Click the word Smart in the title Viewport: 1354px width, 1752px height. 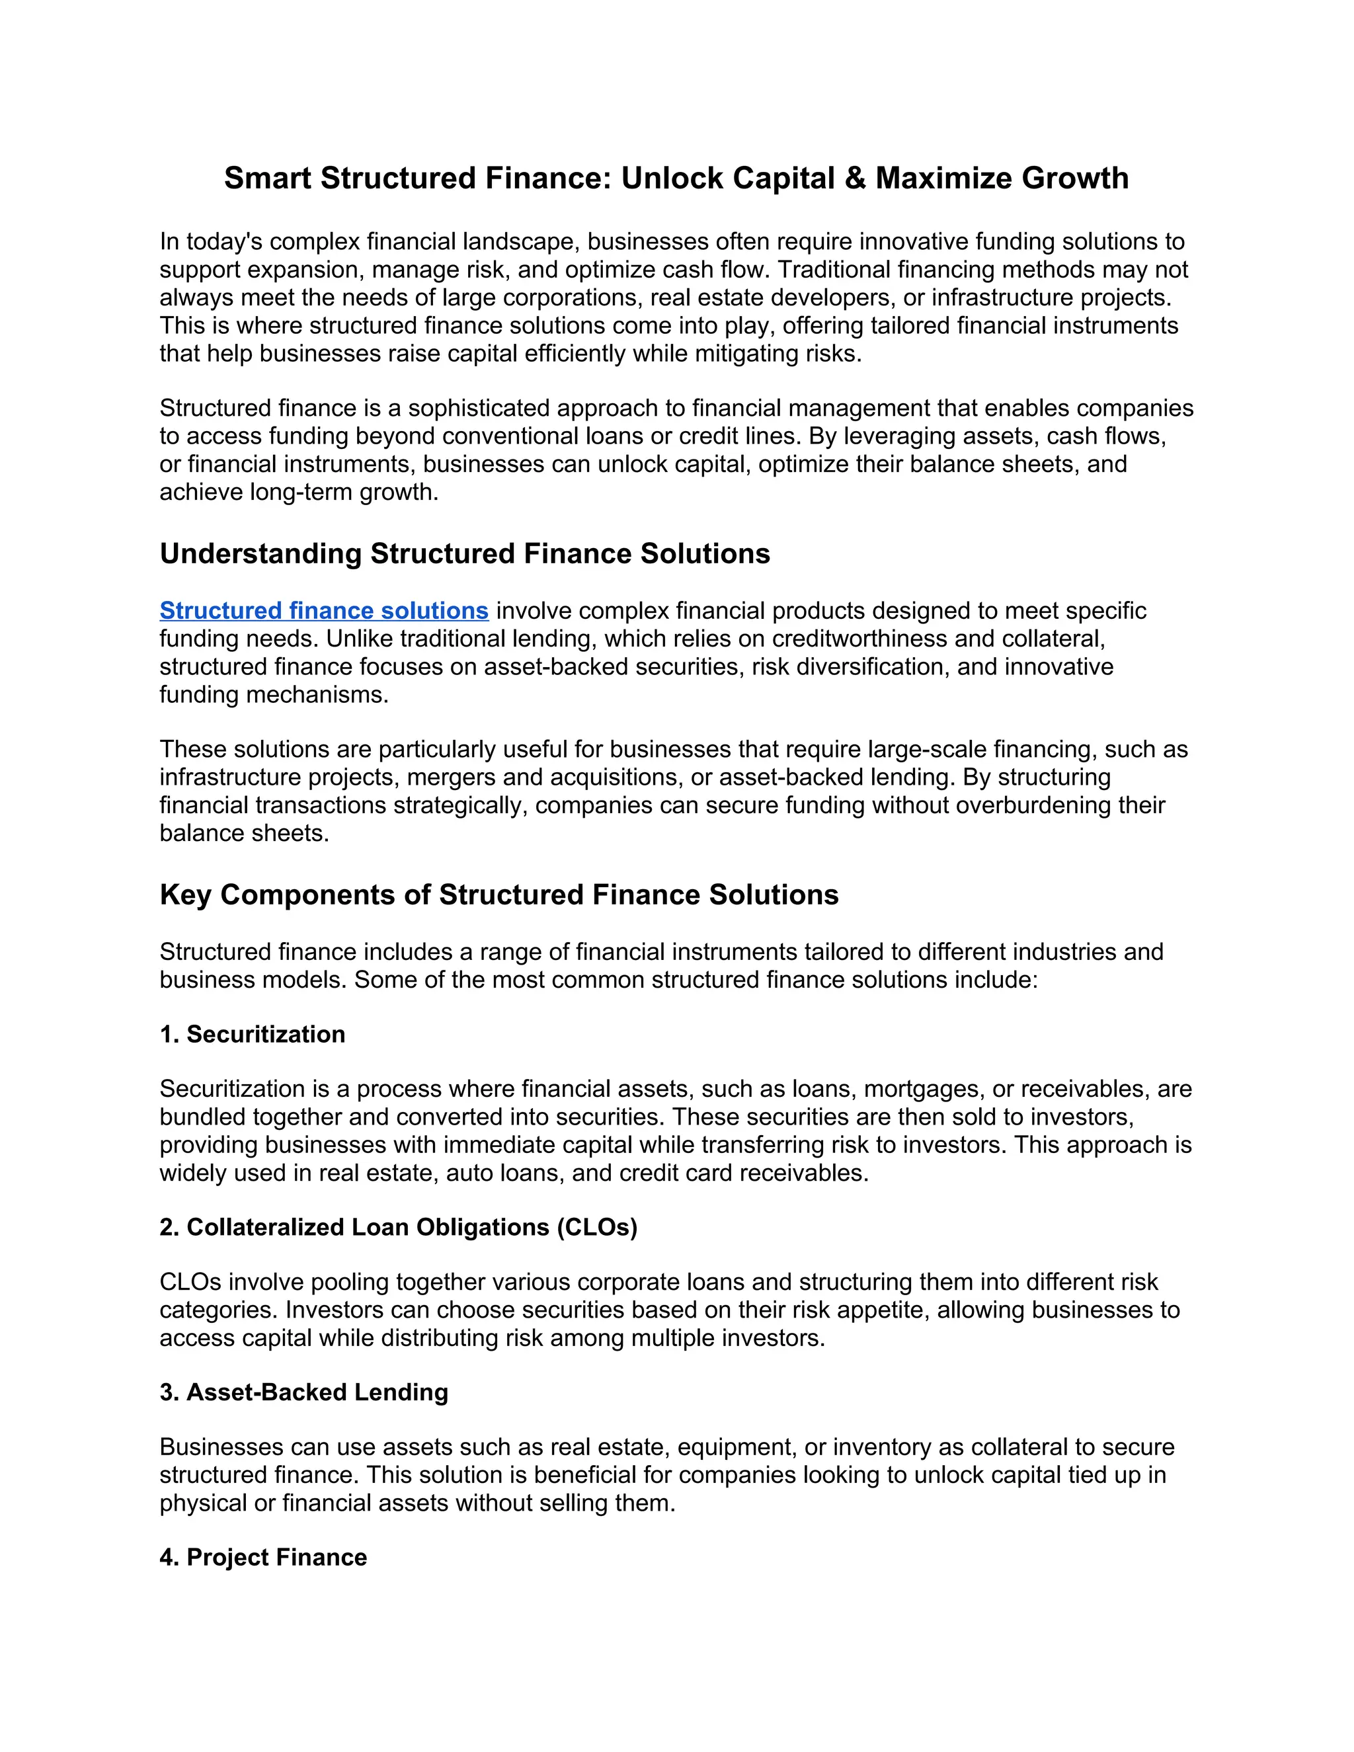[268, 178]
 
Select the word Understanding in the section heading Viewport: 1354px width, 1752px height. [260, 554]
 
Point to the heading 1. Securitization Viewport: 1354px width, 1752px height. [253, 1035]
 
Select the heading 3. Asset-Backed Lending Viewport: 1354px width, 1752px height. [304, 1392]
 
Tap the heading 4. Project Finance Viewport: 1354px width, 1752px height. [263, 1558]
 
